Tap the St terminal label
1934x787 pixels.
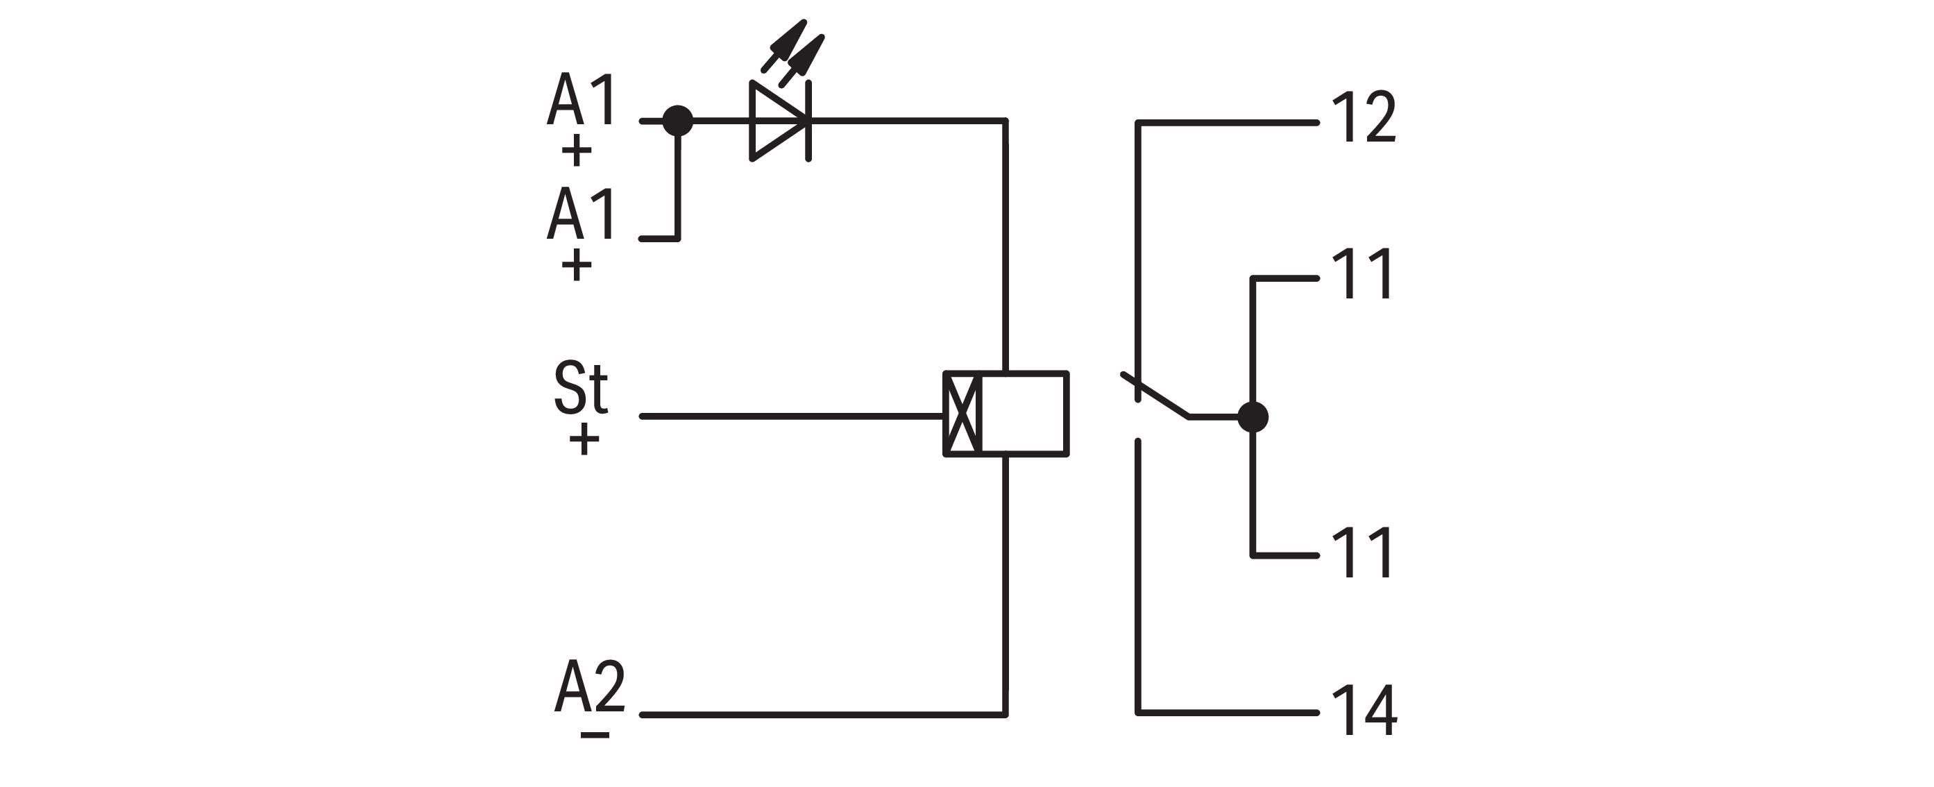[x=580, y=387]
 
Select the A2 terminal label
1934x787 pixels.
[x=589, y=687]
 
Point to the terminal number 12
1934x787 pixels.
[x=1364, y=118]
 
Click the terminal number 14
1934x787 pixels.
[x=1364, y=711]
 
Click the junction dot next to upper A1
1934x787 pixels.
[x=678, y=120]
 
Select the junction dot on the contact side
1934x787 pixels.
[x=1253, y=417]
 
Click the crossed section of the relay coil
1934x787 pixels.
[x=962, y=414]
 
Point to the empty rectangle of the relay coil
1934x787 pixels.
[x=1024, y=414]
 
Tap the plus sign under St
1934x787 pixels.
[x=584, y=440]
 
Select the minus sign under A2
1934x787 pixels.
[x=595, y=734]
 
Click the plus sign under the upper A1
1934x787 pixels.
[x=577, y=152]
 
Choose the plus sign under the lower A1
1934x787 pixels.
[x=577, y=265]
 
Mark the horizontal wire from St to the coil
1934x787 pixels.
[x=788, y=415]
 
